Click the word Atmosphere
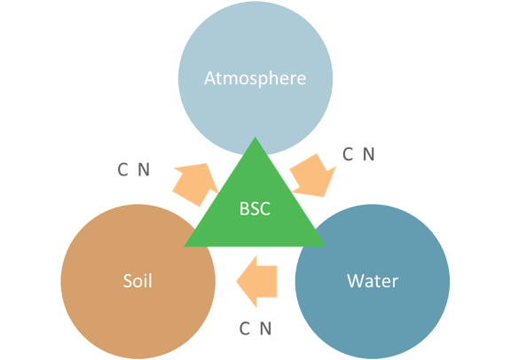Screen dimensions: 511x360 tap(255, 79)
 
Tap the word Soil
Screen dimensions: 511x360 tap(138, 280)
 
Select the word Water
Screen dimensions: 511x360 tap(373, 281)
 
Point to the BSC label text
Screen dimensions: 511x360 tap(255, 208)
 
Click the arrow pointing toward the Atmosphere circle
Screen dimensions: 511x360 tap(195, 184)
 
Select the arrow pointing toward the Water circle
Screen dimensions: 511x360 tap(313, 176)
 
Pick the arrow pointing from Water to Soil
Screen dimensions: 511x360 tap(256, 281)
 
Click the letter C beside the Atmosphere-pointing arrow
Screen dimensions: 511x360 tap(122, 169)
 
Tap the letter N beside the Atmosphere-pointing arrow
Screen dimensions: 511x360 tap(144, 169)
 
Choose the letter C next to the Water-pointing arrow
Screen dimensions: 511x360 tap(348, 154)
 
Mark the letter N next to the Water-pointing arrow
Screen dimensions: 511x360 tap(368, 154)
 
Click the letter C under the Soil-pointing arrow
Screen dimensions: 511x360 tap(245, 328)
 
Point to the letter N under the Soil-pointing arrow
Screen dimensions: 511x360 tap(265, 328)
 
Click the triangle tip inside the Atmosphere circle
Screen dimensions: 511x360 tap(255, 137)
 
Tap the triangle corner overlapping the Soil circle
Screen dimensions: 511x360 tap(185, 247)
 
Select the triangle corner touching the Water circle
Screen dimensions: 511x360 tap(326, 247)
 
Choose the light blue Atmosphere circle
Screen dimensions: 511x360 tap(255, 65)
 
